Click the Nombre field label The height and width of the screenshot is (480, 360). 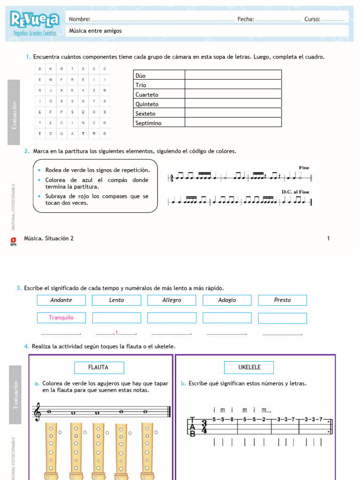(x=79, y=19)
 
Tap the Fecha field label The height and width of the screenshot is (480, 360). (x=246, y=19)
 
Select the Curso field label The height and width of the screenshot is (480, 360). (x=312, y=19)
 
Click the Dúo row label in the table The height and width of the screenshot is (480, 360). (x=141, y=75)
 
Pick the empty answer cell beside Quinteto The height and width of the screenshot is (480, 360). (x=233, y=104)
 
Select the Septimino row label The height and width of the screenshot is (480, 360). (x=148, y=123)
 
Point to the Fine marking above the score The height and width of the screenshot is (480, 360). (x=304, y=168)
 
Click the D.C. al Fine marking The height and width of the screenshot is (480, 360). (x=295, y=192)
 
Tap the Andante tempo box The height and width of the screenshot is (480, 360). (x=61, y=300)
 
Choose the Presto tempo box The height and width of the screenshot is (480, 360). (x=282, y=300)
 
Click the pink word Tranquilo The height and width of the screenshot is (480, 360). (x=61, y=318)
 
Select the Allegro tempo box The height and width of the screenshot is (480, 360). (x=172, y=300)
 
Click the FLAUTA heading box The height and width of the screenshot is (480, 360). (x=98, y=367)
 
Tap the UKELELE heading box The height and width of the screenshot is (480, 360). (x=248, y=367)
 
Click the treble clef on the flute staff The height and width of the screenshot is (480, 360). (x=37, y=413)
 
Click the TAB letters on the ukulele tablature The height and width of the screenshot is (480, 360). (x=192, y=427)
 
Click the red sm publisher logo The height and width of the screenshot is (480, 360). (x=13, y=240)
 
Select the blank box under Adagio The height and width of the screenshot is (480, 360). (x=227, y=318)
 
